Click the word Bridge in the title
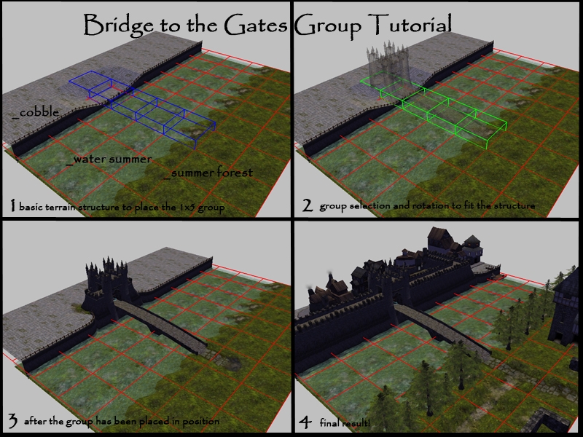click(119, 25)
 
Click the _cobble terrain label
click(36, 112)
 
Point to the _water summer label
click(109, 159)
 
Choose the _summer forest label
click(208, 173)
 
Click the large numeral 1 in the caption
click(13, 205)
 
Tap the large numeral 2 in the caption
click(308, 205)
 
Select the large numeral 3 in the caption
click(12, 421)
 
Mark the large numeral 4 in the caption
click(305, 422)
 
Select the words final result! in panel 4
click(345, 423)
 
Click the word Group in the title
click(328, 25)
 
